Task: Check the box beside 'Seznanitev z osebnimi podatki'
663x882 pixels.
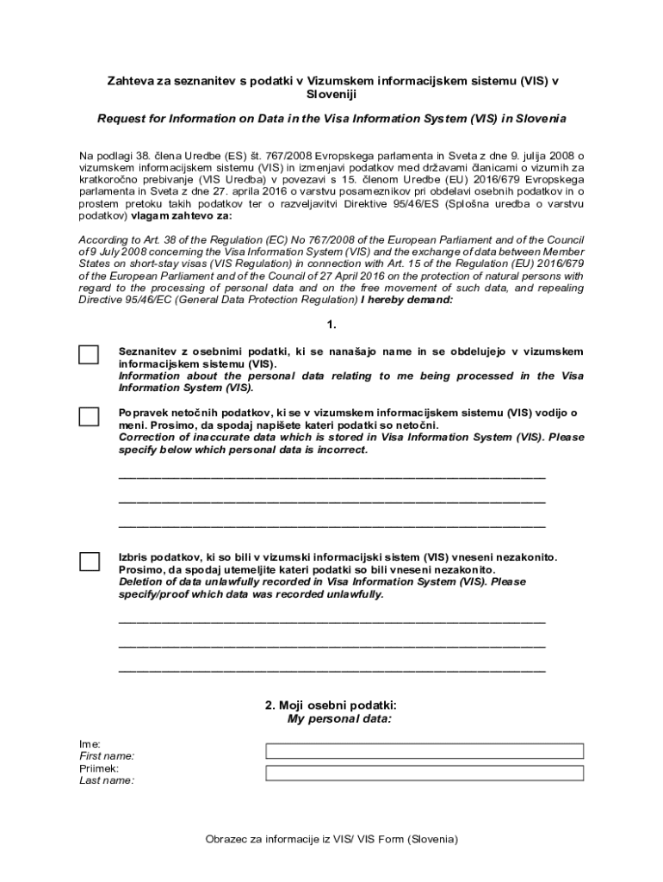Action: pyautogui.click(x=89, y=355)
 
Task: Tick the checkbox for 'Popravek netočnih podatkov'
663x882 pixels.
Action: pyautogui.click(x=89, y=417)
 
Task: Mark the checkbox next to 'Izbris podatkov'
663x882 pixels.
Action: pyautogui.click(x=89, y=562)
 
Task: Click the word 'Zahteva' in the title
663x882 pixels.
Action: pyautogui.click(x=128, y=80)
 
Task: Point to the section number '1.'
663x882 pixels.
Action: pyautogui.click(x=331, y=325)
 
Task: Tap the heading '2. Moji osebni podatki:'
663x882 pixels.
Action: pyautogui.click(x=331, y=705)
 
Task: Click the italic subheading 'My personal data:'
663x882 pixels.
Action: pyautogui.click(x=339, y=718)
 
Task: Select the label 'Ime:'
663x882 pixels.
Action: pyautogui.click(x=90, y=743)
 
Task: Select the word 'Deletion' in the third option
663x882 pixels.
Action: pyautogui.click(x=141, y=582)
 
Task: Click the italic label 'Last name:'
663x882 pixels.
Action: pyautogui.click(x=107, y=780)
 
